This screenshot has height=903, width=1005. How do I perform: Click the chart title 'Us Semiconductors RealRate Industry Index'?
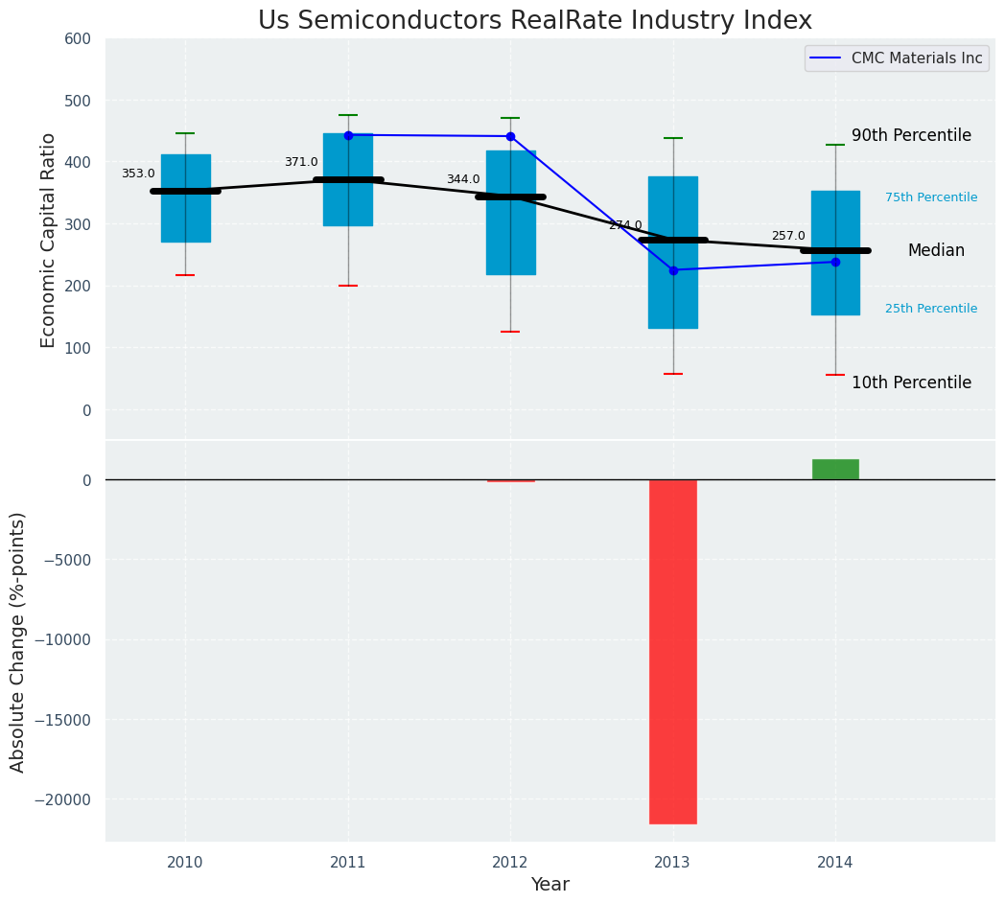pos(534,21)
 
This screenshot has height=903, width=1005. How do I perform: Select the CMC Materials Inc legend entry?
pos(896,58)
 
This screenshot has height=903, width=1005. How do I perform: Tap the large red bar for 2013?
pos(672,651)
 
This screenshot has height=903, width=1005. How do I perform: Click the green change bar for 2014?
pos(835,469)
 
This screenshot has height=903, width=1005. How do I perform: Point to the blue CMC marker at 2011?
pos(348,135)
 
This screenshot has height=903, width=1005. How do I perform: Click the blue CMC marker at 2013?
pos(673,270)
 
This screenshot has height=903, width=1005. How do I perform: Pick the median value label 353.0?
pos(138,174)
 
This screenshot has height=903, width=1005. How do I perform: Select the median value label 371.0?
pos(301,162)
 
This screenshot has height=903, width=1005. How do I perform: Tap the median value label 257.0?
pos(788,236)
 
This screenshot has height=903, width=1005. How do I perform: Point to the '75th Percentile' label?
pos(931,197)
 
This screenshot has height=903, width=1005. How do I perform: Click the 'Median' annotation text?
pos(936,250)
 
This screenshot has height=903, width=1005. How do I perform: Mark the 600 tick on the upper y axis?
pos(79,38)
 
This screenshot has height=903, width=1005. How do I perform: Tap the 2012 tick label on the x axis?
pos(510,863)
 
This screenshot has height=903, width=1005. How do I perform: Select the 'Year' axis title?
pos(549,885)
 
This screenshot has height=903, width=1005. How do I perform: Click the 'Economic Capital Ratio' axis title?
pos(49,240)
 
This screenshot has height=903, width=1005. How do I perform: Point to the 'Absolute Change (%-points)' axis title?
pos(18,641)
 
